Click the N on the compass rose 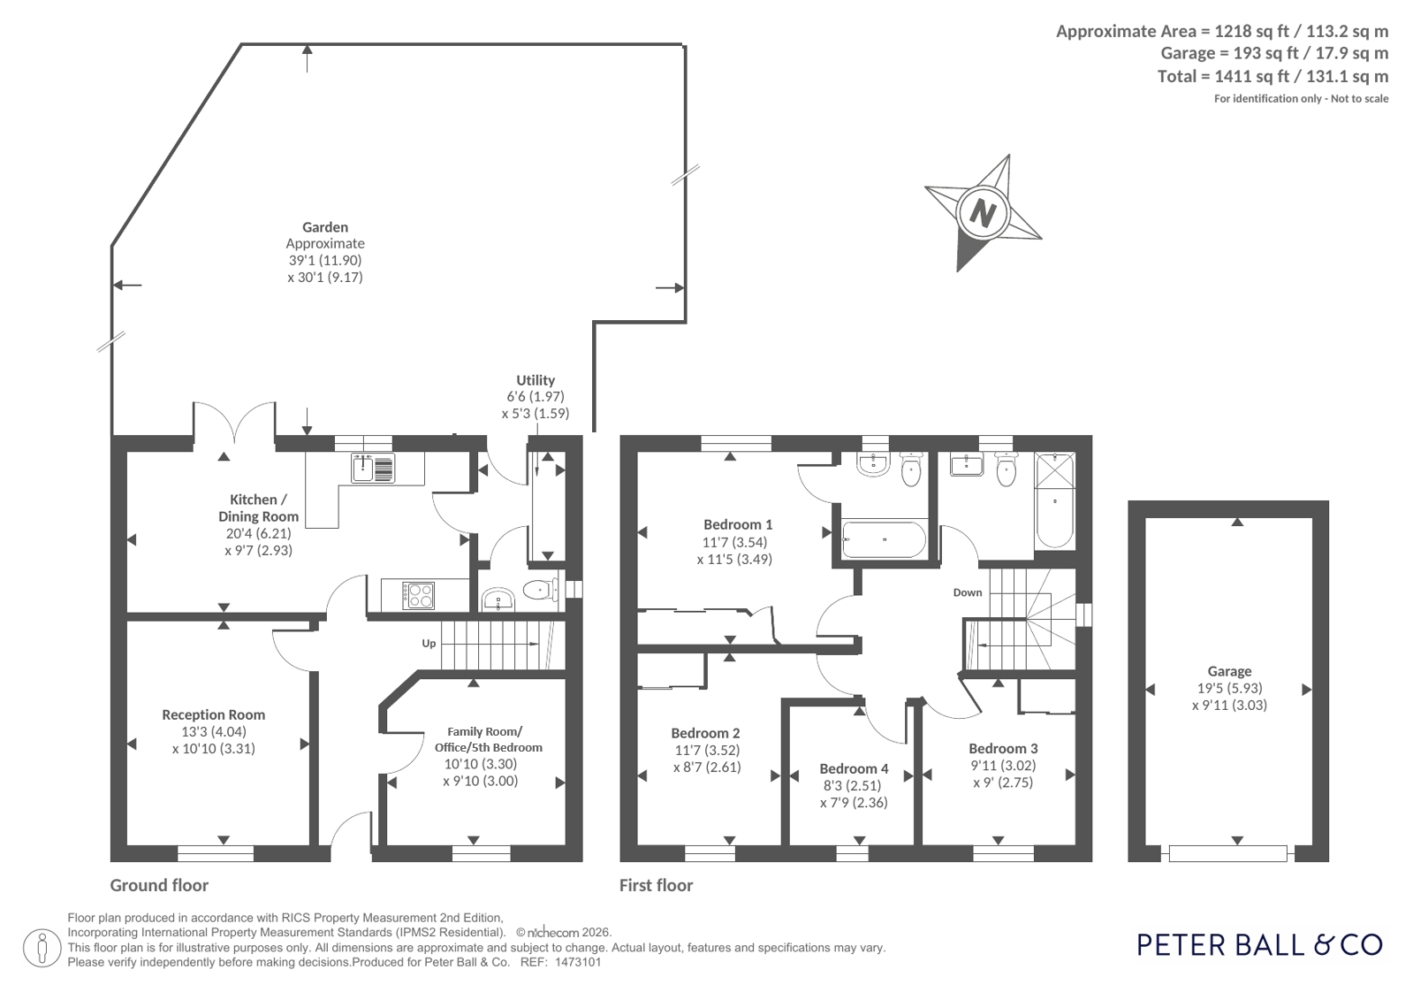coord(983,213)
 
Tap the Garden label coord(325,227)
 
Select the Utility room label coord(536,380)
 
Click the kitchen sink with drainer coord(373,469)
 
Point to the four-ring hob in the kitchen coord(418,595)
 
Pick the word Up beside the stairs coord(429,644)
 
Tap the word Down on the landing coord(968,592)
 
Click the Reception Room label coord(213,714)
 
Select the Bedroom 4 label coord(855,768)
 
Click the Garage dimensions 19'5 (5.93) coord(1229,688)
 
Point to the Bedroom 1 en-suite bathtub coord(884,539)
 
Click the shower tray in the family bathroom coord(1055,469)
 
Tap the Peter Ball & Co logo coord(1260,945)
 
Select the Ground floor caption coord(159,886)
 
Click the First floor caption coord(656,886)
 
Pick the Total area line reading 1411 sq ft coord(1273,76)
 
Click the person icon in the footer coord(42,948)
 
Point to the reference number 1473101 coord(577,963)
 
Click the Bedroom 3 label coord(1003,749)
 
